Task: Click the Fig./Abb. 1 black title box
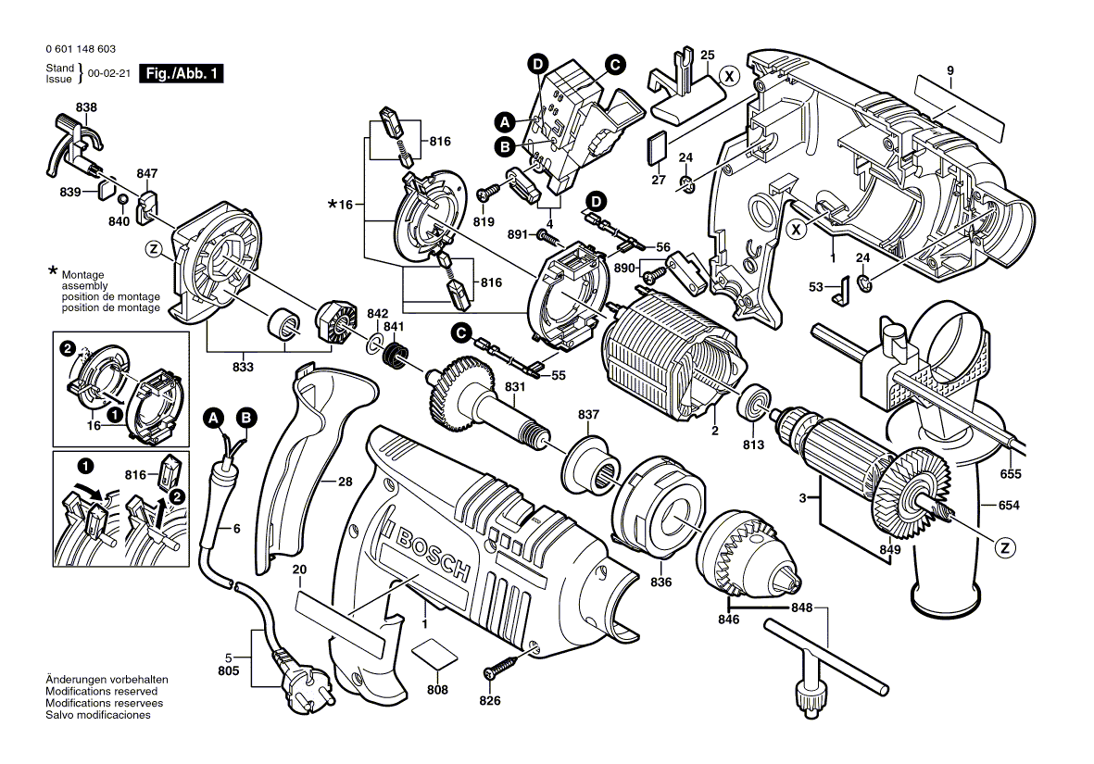181,74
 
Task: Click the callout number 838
86,107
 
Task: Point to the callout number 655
1010,474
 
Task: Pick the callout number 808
437,690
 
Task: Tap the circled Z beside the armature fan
1002,548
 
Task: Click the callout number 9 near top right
949,70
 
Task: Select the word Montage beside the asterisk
82,275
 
